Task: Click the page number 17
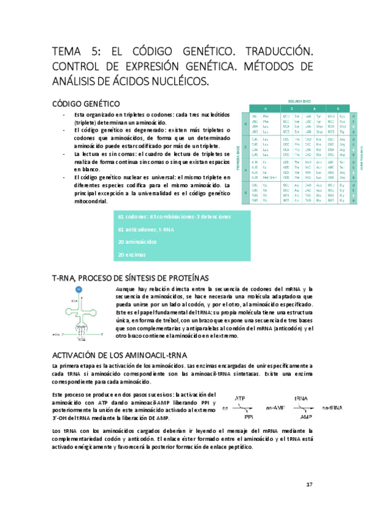[310, 484]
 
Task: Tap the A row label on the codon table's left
[245, 171]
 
